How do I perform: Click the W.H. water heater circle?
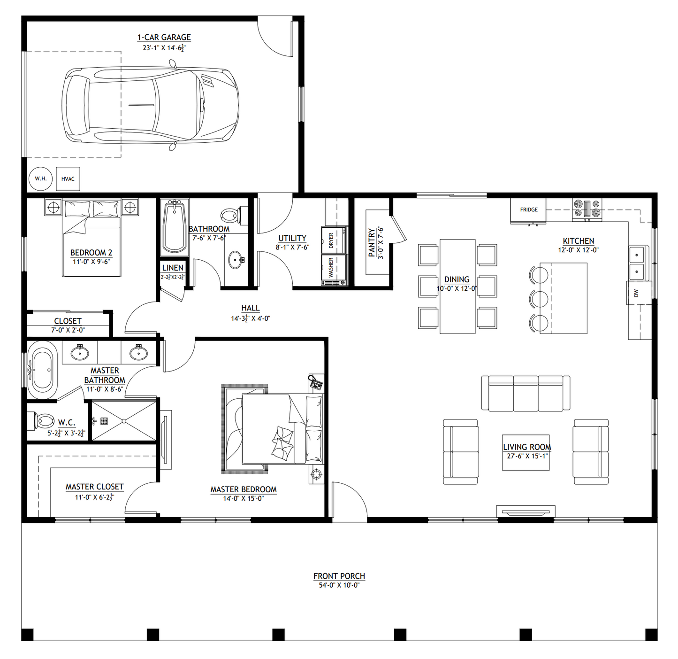[x=40, y=179]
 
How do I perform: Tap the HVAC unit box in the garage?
[x=68, y=179]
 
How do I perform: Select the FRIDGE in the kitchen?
[x=528, y=210]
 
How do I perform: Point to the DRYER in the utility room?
[x=334, y=240]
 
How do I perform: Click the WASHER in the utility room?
[x=334, y=269]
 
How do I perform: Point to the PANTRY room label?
[x=372, y=242]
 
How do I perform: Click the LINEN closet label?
[x=173, y=268]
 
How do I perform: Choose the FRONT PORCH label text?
[x=339, y=576]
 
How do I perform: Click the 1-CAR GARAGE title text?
[x=164, y=38]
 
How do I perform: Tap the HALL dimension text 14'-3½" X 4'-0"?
[x=250, y=318]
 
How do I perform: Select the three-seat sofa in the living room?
[x=526, y=393]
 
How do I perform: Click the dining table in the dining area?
[x=457, y=287]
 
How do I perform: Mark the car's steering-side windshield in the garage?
[x=162, y=105]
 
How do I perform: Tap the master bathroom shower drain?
[x=104, y=421]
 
